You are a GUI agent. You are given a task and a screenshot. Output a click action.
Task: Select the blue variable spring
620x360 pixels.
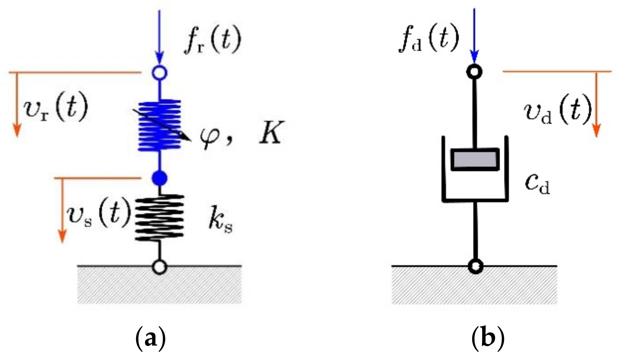[159, 125]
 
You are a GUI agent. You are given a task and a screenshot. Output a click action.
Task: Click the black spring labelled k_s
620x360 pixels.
[159, 217]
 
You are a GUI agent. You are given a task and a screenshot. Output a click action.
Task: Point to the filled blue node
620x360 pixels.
[159, 178]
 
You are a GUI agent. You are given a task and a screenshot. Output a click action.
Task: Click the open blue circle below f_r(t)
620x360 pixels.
[159, 73]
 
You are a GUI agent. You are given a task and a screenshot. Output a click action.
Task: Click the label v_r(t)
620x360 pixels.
[56, 107]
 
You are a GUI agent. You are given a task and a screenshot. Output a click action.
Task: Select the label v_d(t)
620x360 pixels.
[557, 110]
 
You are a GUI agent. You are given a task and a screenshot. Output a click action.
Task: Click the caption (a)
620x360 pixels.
[151, 338]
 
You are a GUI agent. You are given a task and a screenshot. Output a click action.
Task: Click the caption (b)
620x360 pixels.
[488, 338]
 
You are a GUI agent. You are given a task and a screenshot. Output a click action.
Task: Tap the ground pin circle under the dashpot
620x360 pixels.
[475, 266]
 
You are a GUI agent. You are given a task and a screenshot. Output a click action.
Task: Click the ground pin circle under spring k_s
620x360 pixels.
[159, 267]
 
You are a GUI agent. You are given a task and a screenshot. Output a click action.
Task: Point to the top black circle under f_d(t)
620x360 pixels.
[474, 72]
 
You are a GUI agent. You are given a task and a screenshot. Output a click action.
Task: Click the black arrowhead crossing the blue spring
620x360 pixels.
[186, 138]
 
